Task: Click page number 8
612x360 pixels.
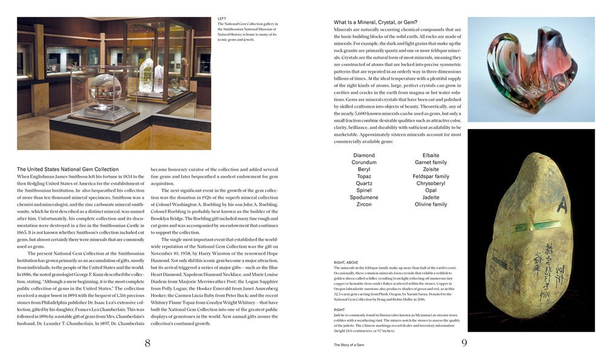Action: tap(147, 343)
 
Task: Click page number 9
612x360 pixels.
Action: tap(464, 343)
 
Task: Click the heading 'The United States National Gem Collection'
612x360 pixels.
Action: tap(68, 169)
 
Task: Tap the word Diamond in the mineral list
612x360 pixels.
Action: tap(364, 156)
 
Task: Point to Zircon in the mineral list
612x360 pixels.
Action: tap(364, 204)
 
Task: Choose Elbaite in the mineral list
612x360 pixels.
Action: tap(431, 156)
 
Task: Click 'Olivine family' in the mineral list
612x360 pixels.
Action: tap(431, 204)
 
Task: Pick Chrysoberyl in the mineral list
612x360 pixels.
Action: tap(431, 183)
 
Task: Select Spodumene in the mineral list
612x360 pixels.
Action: tap(364, 197)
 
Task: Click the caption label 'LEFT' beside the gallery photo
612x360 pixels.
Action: tap(222, 18)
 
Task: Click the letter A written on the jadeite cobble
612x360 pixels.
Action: tap(561, 207)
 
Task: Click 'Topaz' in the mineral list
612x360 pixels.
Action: tap(364, 176)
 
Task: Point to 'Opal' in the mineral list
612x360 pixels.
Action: tap(431, 190)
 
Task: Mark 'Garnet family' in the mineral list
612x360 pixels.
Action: tap(431, 162)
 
